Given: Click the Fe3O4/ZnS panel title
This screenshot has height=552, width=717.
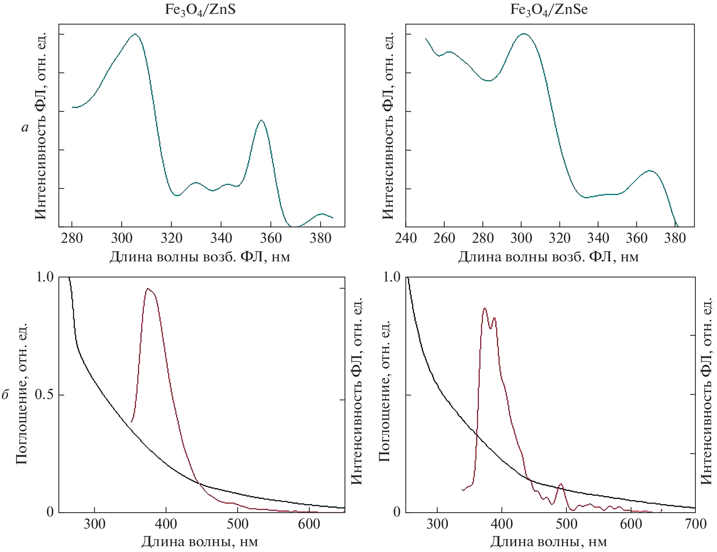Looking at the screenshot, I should pos(200,9).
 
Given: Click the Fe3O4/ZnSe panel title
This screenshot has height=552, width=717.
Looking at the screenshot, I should pos(549,9).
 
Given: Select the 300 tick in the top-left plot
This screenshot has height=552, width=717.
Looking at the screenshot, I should pos(122,238).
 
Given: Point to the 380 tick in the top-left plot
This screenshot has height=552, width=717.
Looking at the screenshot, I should pos(320,238).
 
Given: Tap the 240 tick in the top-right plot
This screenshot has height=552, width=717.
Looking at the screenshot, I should pos(406,238).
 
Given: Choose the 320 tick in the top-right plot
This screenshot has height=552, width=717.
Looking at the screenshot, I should pos(560,238).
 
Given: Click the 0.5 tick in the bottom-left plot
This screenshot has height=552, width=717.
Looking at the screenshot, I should pos(44,395).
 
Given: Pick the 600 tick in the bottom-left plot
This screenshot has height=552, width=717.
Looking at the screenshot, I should pos(309,524).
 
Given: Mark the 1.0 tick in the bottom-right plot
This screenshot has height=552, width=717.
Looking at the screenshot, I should pos(391,277).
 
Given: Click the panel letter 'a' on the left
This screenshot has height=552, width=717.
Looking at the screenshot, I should pos(25,127).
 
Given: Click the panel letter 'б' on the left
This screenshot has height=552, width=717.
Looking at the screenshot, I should pos(5,395).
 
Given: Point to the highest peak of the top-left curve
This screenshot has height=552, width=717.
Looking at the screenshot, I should pos(135,34).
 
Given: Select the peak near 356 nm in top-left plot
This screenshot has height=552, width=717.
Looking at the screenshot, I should pos(261,120).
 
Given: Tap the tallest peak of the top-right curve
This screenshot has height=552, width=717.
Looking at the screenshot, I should pos(524,34).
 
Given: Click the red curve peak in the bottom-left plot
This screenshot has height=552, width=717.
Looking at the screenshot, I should pos(147,288).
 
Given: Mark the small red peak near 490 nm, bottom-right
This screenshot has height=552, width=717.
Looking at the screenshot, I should pos(561,484).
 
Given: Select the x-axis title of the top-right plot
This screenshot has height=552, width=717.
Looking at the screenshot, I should pos(548,257).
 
